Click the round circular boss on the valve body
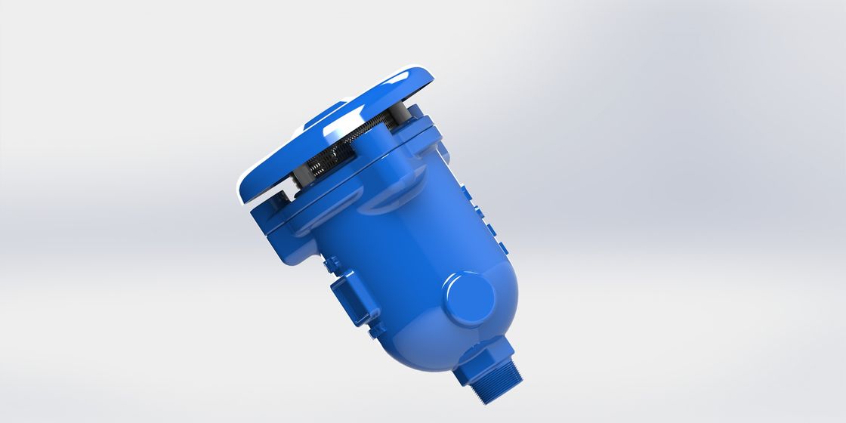469,295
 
